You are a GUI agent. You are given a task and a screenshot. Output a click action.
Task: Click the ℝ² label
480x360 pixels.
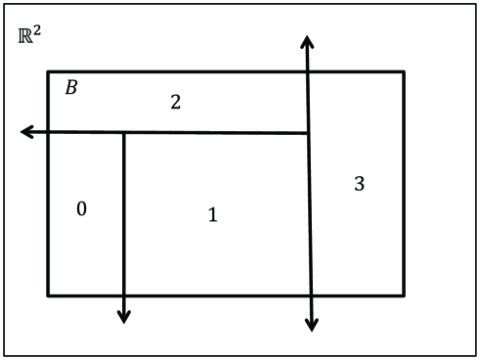click(x=29, y=38)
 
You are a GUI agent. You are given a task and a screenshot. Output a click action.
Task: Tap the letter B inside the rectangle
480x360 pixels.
click(x=70, y=88)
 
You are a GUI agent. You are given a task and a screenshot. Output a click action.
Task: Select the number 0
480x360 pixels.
click(x=82, y=208)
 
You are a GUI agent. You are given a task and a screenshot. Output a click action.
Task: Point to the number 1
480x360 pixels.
click(x=212, y=214)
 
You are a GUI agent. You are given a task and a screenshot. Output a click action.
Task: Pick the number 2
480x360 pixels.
click(x=175, y=101)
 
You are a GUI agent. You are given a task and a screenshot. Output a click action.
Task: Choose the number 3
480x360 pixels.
click(x=359, y=183)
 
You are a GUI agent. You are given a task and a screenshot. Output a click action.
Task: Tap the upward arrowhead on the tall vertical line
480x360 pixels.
click(x=307, y=41)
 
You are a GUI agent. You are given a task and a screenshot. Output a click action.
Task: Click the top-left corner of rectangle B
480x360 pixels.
click(x=48, y=71)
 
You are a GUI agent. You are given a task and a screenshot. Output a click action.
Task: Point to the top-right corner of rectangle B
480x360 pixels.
click(x=404, y=71)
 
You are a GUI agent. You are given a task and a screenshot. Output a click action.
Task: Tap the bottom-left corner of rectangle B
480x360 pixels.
click(x=48, y=293)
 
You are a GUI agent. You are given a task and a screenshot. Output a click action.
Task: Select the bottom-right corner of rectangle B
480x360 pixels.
click(x=404, y=293)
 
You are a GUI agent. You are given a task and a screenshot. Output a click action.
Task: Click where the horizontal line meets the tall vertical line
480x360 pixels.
click(x=308, y=133)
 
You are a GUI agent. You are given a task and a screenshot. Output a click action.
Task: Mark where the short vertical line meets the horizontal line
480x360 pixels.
click(x=123, y=132)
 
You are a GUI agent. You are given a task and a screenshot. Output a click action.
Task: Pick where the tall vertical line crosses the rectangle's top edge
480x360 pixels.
click(x=307, y=71)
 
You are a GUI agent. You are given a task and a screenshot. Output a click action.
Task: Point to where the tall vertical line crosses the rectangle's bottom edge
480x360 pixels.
click(x=309, y=293)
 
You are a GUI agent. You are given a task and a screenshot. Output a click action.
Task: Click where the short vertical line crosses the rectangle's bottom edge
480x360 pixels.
click(x=123, y=293)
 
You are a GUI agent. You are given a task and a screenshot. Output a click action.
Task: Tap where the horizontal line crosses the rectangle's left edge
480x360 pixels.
click(x=48, y=132)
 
